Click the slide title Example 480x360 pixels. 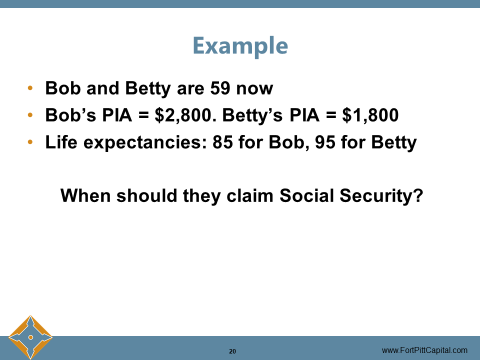coord(240,46)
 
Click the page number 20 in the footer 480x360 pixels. coord(232,351)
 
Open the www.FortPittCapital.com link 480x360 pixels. coord(424,350)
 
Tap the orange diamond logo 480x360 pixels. coord(30,337)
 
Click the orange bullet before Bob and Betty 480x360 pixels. coord(31,89)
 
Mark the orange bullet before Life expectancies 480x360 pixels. coord(31,143)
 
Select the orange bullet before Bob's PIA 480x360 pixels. coord(31,116)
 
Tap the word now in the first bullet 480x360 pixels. coord(254,88)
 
